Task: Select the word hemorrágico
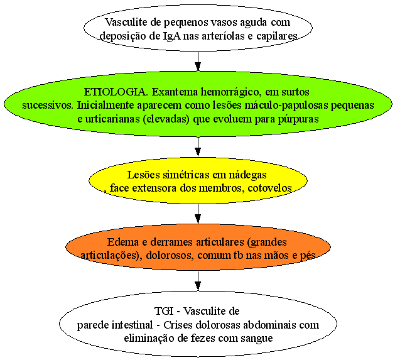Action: pyautogui.click(x=231, y=92)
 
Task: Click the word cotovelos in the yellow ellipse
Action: pyautogui.click(x=270, y=188)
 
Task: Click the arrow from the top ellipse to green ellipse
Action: pyautogui.click(x=198, y=62)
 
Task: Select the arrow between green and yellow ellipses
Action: pyautogui.click(x=198, y=147)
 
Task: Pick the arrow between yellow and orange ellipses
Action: pyautogui.click(x=198, y=214)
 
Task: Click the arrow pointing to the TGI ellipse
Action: pyautogui.click(x=198, y=281)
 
